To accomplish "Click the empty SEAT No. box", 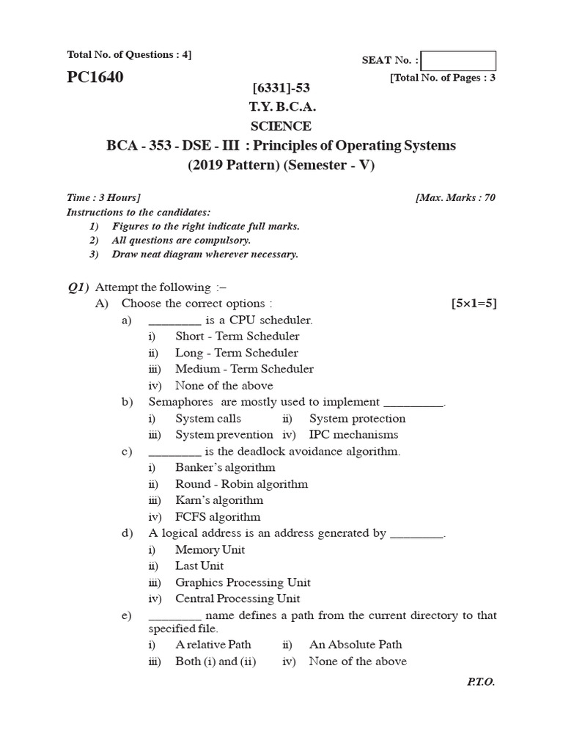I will pos(459,61).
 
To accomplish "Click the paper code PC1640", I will pos(95,78).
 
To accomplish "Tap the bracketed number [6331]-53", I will pos(281,88).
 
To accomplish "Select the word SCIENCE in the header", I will pos(281,126).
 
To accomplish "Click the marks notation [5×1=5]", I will pos(474,304).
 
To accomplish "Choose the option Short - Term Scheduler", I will pos(237,336).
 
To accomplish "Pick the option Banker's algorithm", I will pos(225,467).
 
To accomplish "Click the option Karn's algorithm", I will pos(218,500).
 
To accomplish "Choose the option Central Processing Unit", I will pos(238,598).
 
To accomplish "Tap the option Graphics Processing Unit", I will pos(243,582).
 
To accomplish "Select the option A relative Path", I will pos(213,645).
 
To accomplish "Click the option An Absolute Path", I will pos(356,645).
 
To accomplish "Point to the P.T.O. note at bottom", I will pos(481,682).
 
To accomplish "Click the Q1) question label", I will pos(78,287).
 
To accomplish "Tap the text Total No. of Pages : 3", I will pos(444,78).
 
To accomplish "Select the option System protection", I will pos(357,418).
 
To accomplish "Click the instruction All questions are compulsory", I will pos(181,241).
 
